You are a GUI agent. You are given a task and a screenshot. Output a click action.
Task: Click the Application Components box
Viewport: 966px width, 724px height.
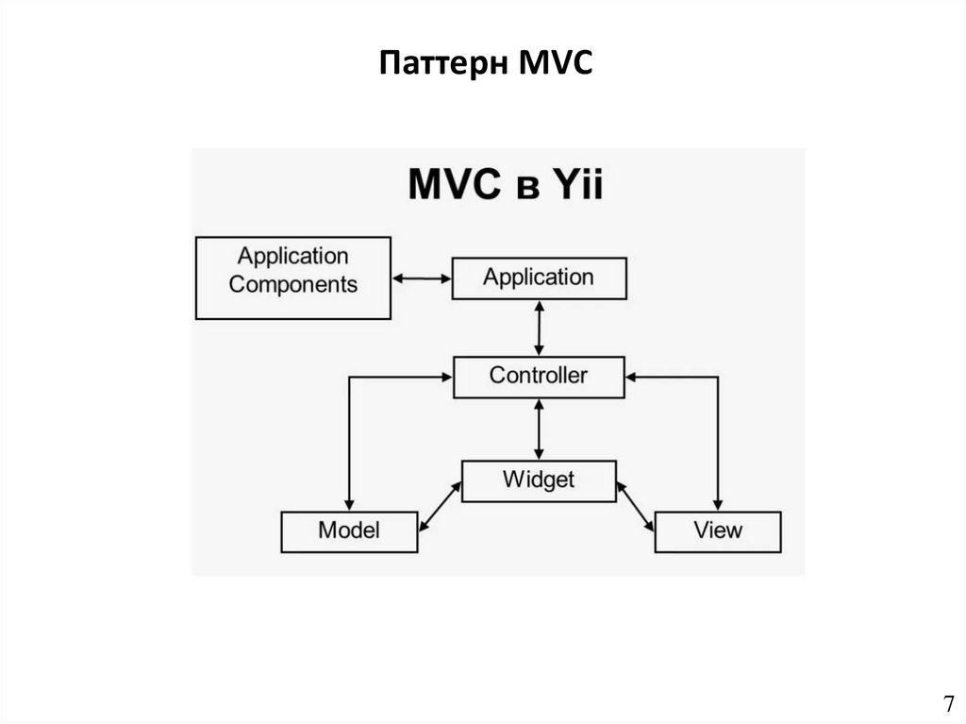[292, 278]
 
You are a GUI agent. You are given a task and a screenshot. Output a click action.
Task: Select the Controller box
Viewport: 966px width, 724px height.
[538, 377]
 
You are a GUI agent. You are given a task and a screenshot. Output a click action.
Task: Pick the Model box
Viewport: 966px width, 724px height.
[349, 530]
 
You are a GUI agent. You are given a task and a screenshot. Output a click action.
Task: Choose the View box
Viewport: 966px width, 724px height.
[718, 530]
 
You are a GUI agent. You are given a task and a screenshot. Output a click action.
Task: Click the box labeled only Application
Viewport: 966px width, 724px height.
[539, 278]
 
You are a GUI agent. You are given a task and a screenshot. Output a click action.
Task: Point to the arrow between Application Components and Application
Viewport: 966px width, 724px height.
[422, 278]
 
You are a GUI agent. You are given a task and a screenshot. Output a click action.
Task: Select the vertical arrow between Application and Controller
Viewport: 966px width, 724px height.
[539, 328]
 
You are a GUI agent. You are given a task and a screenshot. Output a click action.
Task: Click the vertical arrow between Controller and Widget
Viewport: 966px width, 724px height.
[539, 429]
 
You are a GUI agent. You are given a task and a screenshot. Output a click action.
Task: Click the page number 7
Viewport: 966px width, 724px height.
[947, 703]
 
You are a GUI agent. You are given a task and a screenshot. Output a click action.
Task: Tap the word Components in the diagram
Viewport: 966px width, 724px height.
[293, 284]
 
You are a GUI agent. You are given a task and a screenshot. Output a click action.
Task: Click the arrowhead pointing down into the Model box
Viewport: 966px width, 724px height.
[349, 503]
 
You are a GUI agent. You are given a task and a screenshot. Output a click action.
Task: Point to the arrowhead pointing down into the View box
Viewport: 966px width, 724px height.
[719, 503]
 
